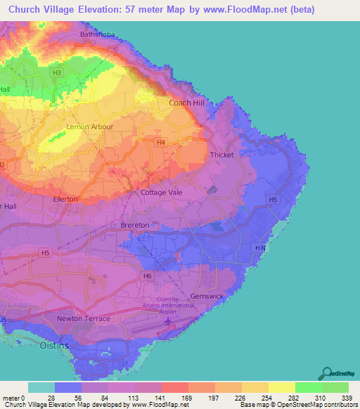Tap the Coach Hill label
[x=186, y=103]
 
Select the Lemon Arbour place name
[x=89, y=126]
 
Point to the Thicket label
[x=221, y=155]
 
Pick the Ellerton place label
[x=65, y=200]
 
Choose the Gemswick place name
[x=207, y=296]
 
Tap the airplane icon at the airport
[x=168, y=322]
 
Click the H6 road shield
[x=147, y=276]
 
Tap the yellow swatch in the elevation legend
[x=281, y=387]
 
